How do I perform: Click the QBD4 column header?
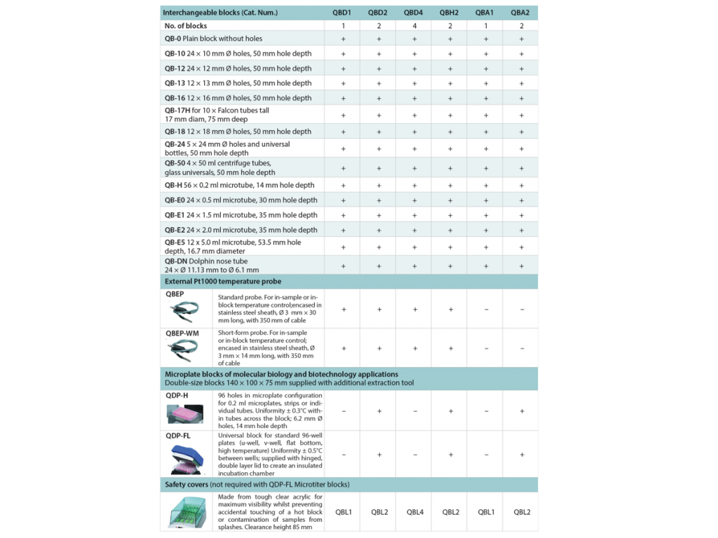coord(414,13)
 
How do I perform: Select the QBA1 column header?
coord(485,13)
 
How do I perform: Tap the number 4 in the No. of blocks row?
coord(414,26)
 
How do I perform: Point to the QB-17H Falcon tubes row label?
coord(217,114)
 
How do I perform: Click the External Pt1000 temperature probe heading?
coord(222,282)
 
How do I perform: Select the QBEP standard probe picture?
coord(187,311)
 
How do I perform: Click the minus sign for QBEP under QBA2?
coord(521,308)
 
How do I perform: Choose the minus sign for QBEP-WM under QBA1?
coord(485,348)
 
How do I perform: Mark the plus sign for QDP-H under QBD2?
coord(379,411)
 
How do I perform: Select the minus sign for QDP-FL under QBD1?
coord(343,455)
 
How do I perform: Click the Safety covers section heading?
coord(257,485)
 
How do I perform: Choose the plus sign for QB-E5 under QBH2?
coord(449,247)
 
